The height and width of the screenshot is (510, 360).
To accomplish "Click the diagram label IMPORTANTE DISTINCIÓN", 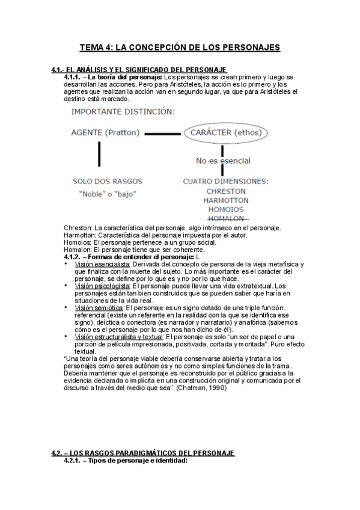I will (123, 111).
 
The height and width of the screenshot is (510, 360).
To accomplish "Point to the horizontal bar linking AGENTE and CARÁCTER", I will (162, 133).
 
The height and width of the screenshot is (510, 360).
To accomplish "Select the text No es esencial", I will (223, 161).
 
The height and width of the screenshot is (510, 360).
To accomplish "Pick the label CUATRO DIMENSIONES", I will (225, 180).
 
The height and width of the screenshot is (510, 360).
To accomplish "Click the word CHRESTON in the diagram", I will (225, 191).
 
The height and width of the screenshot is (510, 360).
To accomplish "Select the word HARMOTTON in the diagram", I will (225, 200).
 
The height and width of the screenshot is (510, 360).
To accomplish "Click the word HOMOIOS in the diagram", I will (225, 209).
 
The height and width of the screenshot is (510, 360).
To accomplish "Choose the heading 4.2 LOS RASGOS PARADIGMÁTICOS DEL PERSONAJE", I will (142, 453).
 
